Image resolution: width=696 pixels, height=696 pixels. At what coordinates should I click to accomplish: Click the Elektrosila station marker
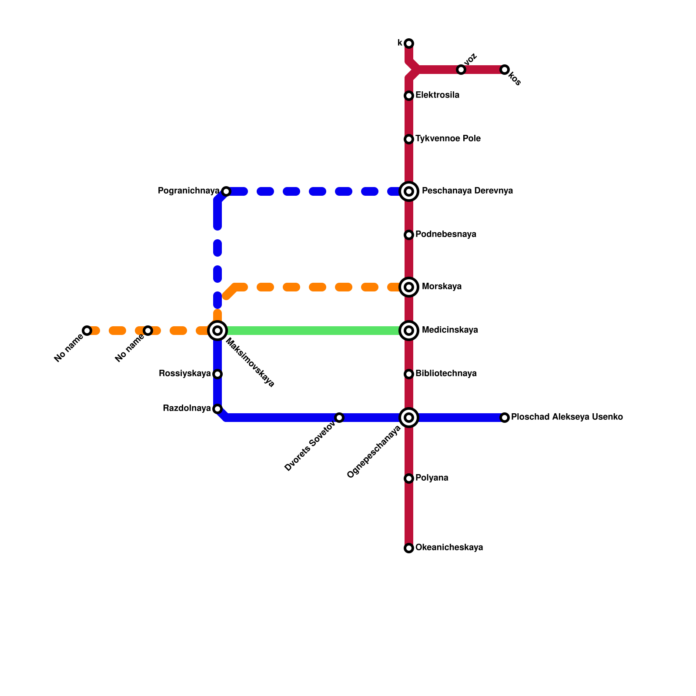click(x=409, y=96)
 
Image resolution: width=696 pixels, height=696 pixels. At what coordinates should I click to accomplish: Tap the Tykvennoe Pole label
click(x=448, y=139)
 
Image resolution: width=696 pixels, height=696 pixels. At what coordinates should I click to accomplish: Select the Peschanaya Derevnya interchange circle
click(x=409, y=191)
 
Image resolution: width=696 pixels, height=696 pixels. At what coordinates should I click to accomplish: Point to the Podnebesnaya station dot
click(x=409, y=235)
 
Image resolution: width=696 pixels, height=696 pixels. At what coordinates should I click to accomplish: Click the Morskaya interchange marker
click(x=409, y=287)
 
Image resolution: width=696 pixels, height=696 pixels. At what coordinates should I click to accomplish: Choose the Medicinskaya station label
click(x=450, y=330)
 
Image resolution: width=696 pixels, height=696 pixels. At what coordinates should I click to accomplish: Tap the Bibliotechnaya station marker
click(x=409, y=374)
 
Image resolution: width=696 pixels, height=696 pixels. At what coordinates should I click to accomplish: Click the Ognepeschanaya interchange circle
click(x=409, y=418)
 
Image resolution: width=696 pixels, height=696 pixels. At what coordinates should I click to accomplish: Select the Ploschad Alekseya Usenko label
click(x=567, y=417)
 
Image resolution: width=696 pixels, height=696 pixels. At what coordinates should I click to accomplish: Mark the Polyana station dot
click(x=409, y=478)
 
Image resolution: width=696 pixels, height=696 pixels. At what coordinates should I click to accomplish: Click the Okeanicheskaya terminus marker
click(x=409, y=548)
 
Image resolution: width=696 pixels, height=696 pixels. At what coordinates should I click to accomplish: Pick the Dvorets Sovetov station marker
click(x=339, y=418)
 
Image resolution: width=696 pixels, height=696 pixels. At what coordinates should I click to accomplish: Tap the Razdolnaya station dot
click(x=217, y=409)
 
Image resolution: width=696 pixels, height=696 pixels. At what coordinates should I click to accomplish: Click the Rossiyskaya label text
click(x=185, y=374)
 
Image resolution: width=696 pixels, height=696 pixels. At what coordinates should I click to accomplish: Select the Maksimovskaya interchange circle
click(x=217, y=331)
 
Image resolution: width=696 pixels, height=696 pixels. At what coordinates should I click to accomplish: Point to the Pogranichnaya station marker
click(x=226, y=191)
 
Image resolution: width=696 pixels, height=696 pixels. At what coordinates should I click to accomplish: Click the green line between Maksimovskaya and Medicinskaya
click(x=313, y=331)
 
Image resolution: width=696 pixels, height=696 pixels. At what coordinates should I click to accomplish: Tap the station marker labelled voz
click(x=461, y=70)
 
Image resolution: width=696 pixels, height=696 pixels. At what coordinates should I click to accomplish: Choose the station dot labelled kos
click(x=505, y=70)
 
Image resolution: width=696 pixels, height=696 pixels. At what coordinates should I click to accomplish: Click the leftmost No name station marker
click(x=87, y=331)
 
